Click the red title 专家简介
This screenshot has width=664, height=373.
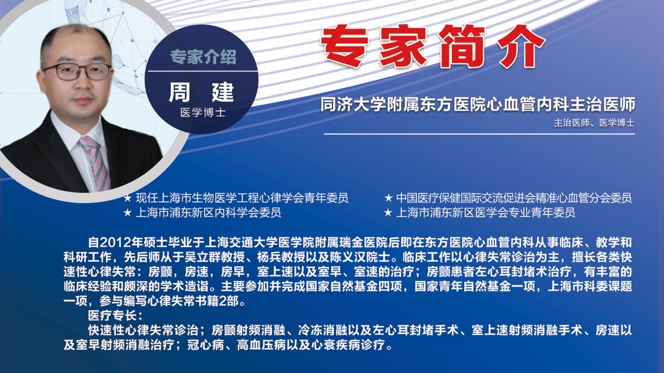[x=432, y=47]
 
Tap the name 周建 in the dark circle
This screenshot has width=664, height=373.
[x=201, y=92]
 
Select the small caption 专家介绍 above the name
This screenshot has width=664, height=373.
[x=203, y=57]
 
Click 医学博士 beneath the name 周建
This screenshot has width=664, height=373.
[x=203, y=113]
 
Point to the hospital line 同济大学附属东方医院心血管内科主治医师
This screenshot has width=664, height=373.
[x=478, y=104]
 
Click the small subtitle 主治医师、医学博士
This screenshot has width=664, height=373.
[x=594, y=123]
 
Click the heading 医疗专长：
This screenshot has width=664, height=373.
[x=116, y=315]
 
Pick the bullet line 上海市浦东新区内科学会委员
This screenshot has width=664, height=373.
[x=208, y=212]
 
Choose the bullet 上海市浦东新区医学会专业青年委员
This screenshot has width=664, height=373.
[x=485, y=212]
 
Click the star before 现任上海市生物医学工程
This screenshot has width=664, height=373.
[x=128, y=198]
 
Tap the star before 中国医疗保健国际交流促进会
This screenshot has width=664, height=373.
[x=388, y=198]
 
